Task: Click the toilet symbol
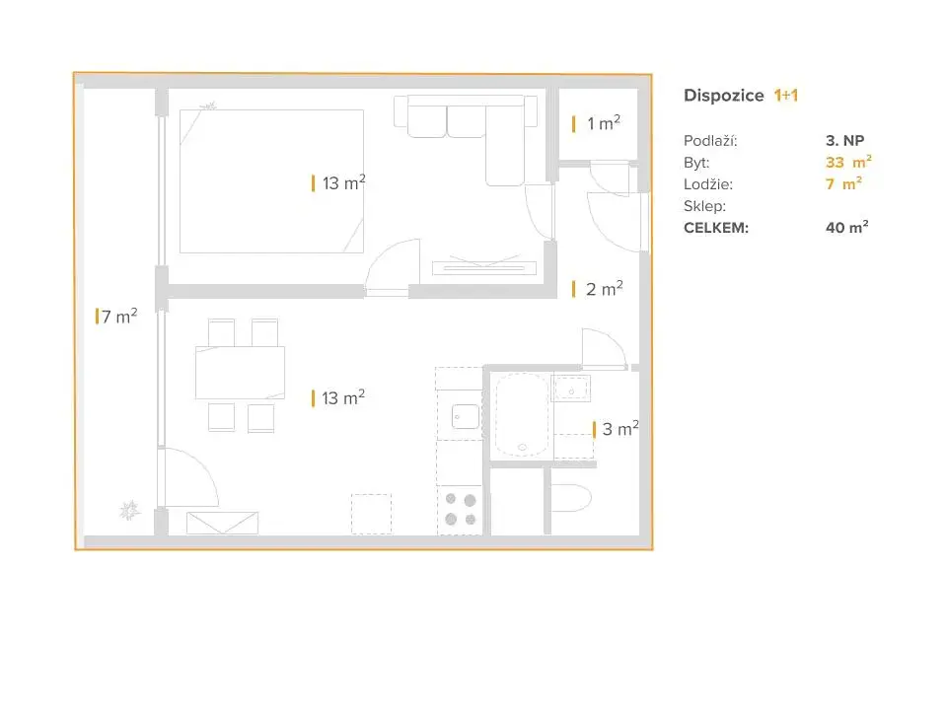tap(570, 498)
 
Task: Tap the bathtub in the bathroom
tap(522, 415)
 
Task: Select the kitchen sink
tap(466, 416)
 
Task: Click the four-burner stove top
tap(461, 510)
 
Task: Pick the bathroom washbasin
tap(571, 389)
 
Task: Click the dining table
tap(240, 373)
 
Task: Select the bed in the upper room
tap(272, 181)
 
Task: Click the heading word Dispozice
tap(723, 96)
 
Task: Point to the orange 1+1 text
tap(786, 96)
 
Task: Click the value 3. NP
tap(845, 141)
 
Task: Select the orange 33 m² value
tap(848, 162)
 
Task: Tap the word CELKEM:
tap(716, 228)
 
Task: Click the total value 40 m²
tap(846, 227)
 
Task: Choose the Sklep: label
tap(704, 206)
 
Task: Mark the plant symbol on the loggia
tap(129, 511)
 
